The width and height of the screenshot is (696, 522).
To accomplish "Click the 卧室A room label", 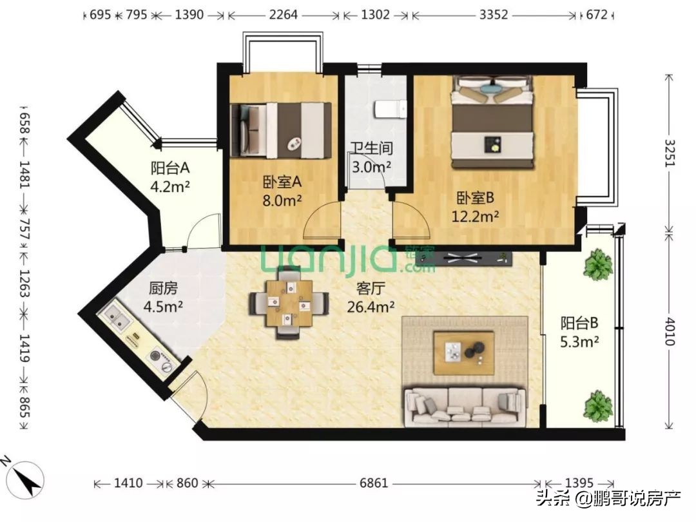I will (x=277, y=181).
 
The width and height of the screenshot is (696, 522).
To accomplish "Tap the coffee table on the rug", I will (x=463, y=352).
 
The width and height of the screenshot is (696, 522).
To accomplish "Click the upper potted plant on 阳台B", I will (x=598, y=264).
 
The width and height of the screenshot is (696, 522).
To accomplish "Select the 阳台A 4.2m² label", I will (x=171, y=178).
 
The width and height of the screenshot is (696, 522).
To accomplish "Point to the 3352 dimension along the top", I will (x=495, y=14).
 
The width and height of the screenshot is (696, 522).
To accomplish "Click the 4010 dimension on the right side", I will (x=670, y=330).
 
